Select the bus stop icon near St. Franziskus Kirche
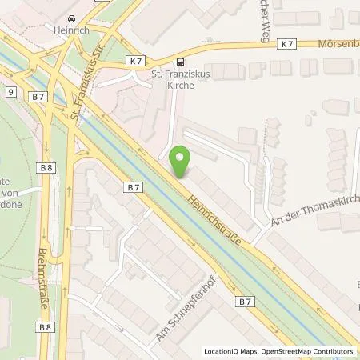point(181,59)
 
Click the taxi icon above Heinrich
point(71,18)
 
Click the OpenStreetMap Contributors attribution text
point(309,351)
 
